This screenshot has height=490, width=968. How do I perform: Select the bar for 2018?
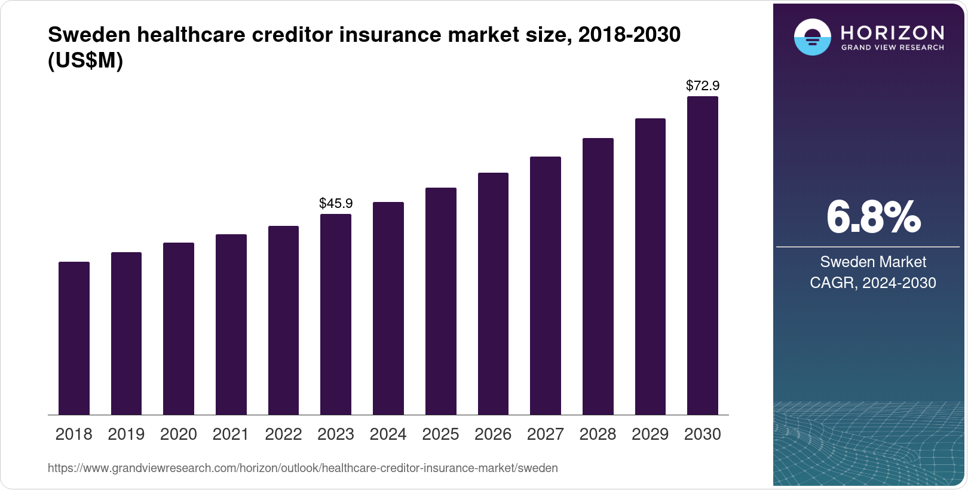coord(74,338)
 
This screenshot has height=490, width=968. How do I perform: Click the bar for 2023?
coord(336,314)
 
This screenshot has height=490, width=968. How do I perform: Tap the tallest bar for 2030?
coord(703,256)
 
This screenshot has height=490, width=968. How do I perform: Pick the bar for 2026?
coord(493,294)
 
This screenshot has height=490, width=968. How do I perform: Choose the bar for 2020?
coord(179,329)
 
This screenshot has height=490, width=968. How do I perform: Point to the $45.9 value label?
coord(336,203)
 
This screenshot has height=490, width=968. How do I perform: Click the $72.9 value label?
coord(703,85)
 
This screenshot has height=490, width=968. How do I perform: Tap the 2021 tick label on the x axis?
coord(231,434)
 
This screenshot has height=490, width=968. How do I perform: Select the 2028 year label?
coord(598,434)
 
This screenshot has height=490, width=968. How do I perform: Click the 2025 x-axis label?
coord(440,434)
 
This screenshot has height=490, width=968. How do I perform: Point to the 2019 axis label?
coord(126,434)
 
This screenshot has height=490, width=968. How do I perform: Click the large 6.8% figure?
coord(873,218)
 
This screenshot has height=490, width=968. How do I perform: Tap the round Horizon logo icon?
coord(812,37)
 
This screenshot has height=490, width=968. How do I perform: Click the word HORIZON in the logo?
coord(892,32)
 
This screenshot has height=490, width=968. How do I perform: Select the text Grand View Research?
coord(892,47)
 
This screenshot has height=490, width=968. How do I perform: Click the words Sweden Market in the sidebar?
coord(873,262)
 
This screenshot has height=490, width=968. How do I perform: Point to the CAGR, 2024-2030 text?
coord(873,283)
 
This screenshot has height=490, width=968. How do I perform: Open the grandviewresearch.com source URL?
coord(302,468)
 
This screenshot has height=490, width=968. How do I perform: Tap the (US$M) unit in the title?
coord(85,60)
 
